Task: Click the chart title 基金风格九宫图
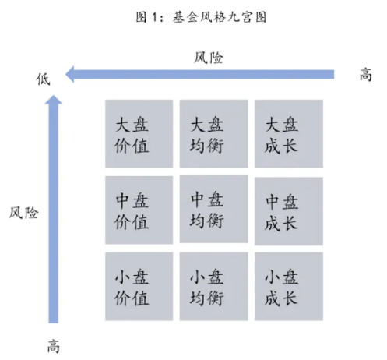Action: pyautogui.click(x=220, y=18)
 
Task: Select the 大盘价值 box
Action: pyautogui.click(x=139, y=134)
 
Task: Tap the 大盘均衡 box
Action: pyautogui.click(x=213, y=134)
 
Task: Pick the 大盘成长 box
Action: pyautogui.click(x=289, y=134)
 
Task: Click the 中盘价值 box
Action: pyautogui.click(x=139, y=210)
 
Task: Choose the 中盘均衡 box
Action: pyautogui.click(x=213, y=209)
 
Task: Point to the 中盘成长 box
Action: pyautogui.click(x=289, y=211)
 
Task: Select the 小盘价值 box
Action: pyautogui.click(x=139, y=286)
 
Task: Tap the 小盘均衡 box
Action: pyautogui.click(x=213, y=286)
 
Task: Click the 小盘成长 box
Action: pyautogui.click(x=289, y=286)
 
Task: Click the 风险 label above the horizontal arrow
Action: pyautogui.click(x=209, y=58)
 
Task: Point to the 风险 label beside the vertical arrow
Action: pyautogui.click(x=23, y=213)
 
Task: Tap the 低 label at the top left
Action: pyautogui.click(x=43, y=79)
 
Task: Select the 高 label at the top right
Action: pyautogui.click(x=366, y=75)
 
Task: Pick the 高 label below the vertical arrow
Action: pyautogui.click(x=54, y=346)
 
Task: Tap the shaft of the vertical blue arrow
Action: pyautogui.click(x=54, y=214)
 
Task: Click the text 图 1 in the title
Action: pyautogui.click(x=146, y=18)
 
